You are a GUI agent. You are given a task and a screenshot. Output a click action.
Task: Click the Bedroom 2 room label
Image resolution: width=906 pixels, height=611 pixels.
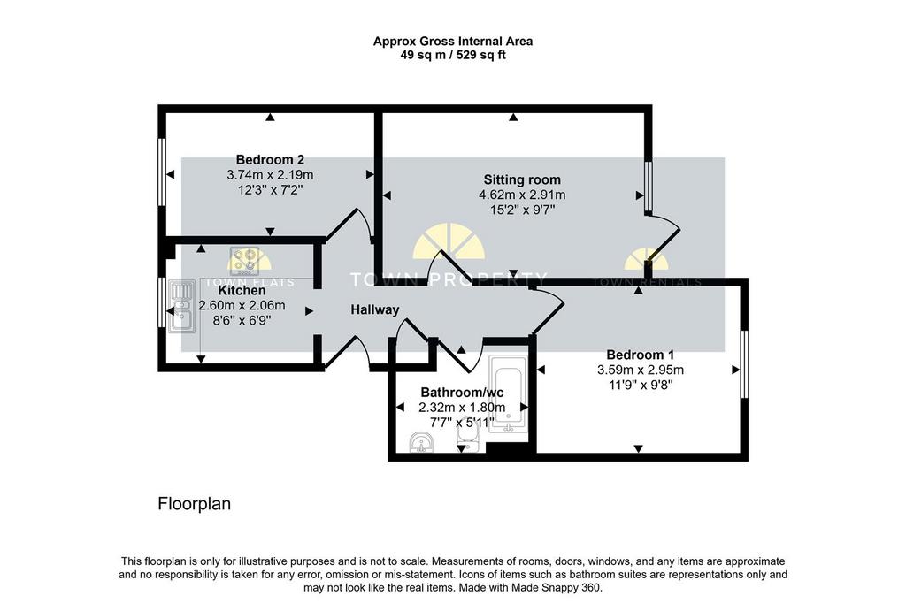[x=270, y=159]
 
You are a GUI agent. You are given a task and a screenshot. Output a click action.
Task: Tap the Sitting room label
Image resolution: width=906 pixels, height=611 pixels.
[x=522, y=179]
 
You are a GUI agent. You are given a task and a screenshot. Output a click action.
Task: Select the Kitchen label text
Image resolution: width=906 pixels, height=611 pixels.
[x=242, y=291]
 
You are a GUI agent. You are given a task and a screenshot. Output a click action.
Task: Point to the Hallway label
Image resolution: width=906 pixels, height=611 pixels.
[x=375, y=310]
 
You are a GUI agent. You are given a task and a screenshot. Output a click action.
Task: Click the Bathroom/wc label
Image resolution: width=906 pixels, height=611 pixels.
[x=462, y=393]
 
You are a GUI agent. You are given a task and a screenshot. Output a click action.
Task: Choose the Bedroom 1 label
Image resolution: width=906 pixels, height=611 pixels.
[x=641, y=355]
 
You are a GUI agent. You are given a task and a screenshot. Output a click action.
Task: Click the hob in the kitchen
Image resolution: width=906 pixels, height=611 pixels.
[x=244, y=261]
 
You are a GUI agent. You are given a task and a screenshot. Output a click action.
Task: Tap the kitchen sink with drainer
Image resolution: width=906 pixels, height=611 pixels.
[x=181, y=307]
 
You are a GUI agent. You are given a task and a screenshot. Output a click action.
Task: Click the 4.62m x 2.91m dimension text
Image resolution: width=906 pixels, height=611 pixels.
[x=522, y=195]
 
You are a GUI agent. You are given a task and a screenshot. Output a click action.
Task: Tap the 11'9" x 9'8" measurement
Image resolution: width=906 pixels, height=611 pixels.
[x=641, y=385]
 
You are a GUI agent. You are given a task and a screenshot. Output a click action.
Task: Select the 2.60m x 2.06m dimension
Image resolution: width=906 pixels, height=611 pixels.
[x=242, y=306]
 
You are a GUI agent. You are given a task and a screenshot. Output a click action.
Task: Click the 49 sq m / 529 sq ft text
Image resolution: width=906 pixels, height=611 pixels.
[x=453, y=56]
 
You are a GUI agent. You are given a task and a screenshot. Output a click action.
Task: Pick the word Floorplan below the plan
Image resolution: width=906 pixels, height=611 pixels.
[x=194, y=504]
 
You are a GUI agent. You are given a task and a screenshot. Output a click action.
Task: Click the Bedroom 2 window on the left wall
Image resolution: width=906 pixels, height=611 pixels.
[x=163, y=172]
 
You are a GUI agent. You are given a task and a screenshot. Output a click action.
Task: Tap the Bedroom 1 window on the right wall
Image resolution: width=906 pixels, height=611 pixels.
[x=744, y=363]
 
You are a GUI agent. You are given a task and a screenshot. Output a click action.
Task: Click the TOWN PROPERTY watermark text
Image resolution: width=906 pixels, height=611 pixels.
[x=449, y=279]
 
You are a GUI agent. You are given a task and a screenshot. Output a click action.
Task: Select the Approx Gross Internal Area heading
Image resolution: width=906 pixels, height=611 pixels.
[x=453, y=41]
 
